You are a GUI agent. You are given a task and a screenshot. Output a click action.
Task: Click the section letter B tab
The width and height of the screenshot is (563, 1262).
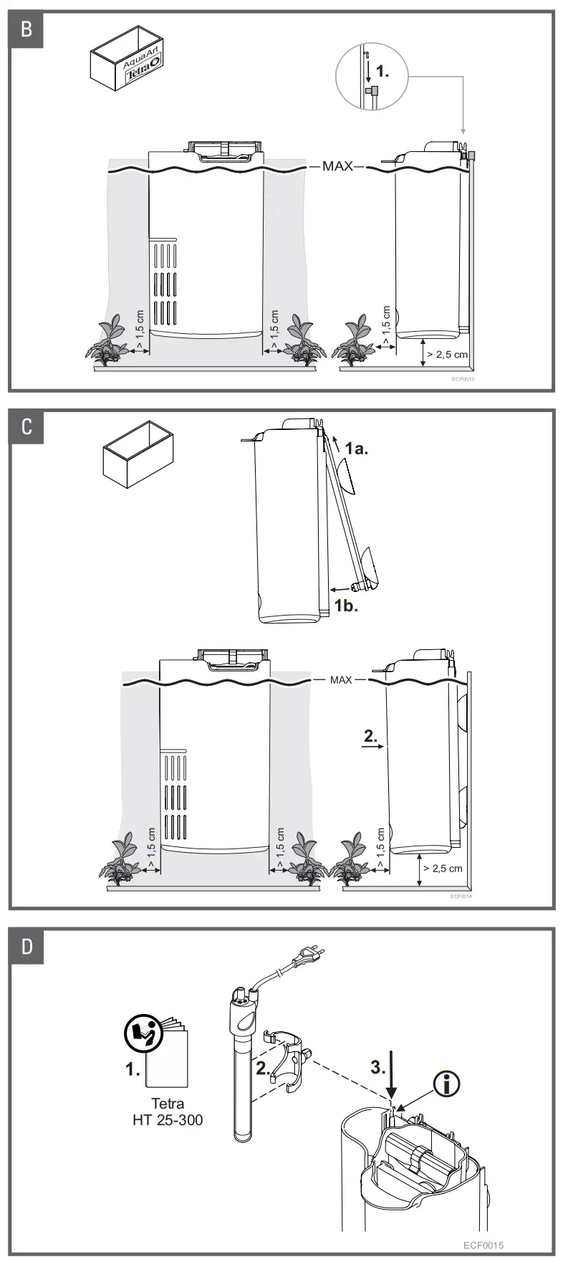click(27, 30)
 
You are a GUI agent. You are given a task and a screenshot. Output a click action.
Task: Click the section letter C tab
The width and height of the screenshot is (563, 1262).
click(27, 427)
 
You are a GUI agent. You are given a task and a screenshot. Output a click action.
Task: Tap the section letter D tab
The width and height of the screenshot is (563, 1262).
click(27, 946)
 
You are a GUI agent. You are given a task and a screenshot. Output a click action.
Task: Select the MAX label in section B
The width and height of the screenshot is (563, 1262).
click(337, 166)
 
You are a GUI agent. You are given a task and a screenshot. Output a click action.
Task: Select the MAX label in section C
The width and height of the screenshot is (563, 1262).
click(341, 679)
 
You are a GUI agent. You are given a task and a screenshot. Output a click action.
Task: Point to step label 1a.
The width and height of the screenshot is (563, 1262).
click(356, 449)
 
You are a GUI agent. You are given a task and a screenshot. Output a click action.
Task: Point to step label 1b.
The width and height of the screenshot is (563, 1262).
click(346, 606)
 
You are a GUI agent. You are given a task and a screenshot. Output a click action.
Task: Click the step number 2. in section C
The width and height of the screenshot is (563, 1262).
click(371, 735)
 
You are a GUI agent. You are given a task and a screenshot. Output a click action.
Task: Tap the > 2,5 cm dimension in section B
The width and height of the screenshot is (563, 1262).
click(446, 354)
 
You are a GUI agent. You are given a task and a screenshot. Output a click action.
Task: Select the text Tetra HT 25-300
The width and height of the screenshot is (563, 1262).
click(168, 1112)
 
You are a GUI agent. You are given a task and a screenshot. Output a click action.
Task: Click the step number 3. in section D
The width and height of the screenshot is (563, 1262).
click(378, 1067)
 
